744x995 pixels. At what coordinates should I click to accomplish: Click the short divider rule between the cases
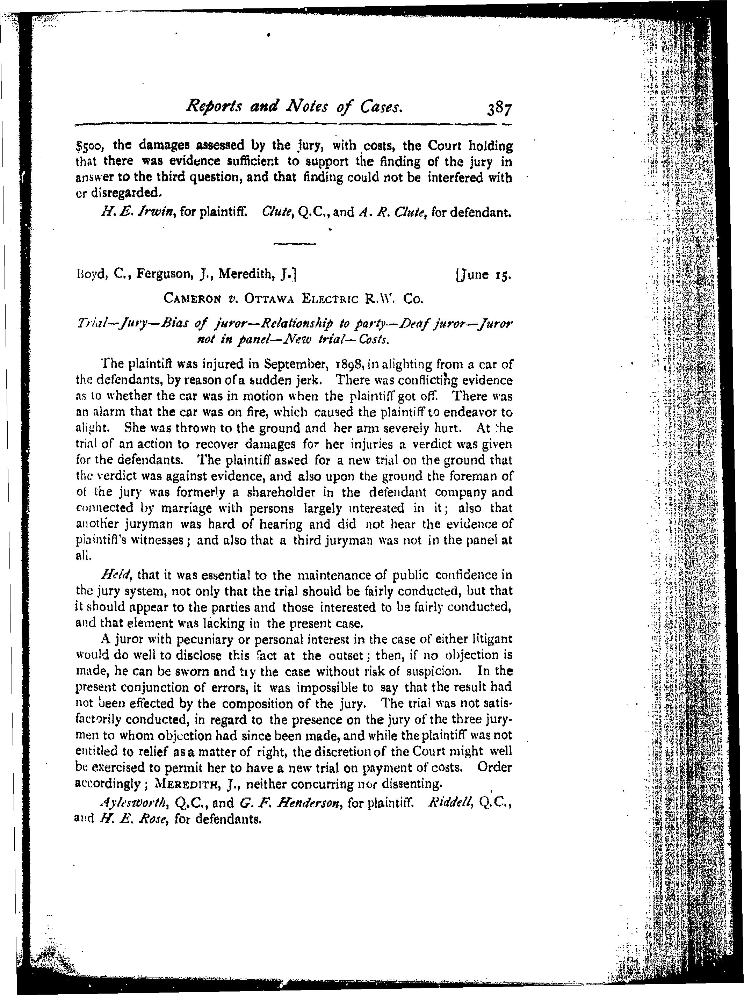tap(295, 244)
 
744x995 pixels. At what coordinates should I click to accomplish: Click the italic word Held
tap(116, 575)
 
